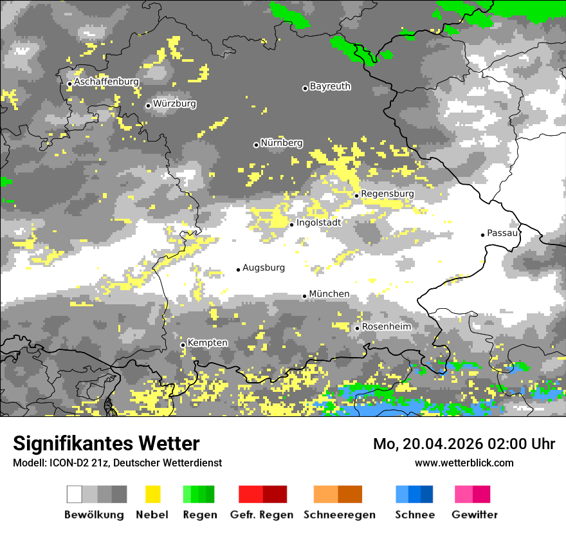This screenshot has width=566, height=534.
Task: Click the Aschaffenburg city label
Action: click(x=106, y=82)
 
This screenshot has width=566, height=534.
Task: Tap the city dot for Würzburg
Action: click(x=148, y=106)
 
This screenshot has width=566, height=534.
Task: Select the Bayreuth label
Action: click(x=330, y=86)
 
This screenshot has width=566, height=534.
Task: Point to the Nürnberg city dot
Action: click(x=256, y=145)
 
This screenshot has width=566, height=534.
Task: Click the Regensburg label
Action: click(x=387, y=194)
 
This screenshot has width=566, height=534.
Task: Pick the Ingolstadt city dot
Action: click(x=291, y=225)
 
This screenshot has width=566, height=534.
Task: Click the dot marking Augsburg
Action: click(x=238, y=270)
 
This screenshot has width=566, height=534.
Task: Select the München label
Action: click(x=329, y=294)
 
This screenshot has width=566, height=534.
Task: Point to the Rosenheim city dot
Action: click(x=357, y=328)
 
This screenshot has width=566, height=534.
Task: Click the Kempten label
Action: click(x=208, y=343)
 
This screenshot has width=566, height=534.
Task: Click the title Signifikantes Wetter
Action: click(x=106, y=443)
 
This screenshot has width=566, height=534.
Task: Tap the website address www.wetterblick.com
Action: click(x=464, y=463)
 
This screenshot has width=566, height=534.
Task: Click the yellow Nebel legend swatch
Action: click(x=152, y=494)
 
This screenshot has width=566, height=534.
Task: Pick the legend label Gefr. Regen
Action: click(x=262, y=515)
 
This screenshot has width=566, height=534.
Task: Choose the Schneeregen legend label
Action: click(x=339, y=515)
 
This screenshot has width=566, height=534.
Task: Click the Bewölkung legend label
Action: click(x=94, y=515)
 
